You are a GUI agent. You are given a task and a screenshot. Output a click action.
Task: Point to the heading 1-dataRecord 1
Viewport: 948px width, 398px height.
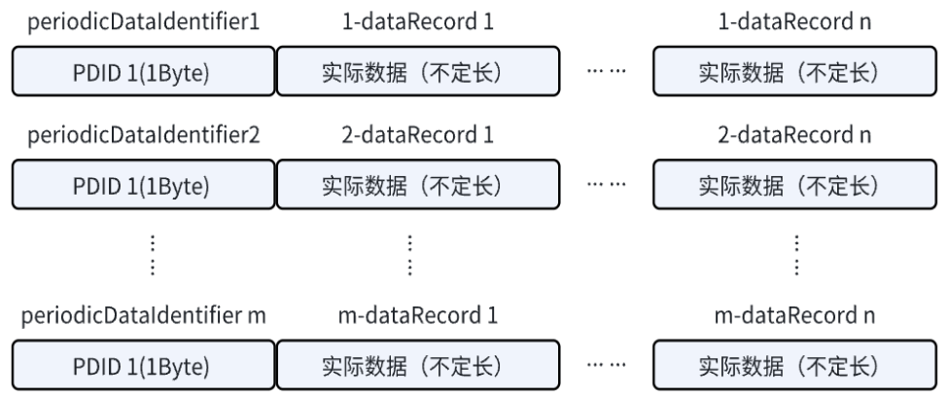pos(419,19)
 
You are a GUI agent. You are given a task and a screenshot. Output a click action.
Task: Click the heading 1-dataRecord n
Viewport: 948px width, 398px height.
pos(796,19)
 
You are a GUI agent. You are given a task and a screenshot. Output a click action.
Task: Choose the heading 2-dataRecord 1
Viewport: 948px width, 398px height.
pos(419,134)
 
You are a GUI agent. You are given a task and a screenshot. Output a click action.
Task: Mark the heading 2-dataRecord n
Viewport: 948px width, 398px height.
pos(796,134)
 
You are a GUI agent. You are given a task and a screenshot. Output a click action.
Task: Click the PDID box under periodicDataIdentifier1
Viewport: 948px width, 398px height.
pos(144,72)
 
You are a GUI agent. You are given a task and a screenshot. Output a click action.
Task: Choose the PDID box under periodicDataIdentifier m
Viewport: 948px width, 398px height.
pos(144,366)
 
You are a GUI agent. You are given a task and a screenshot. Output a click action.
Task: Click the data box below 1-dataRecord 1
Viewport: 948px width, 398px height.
pos(419,72)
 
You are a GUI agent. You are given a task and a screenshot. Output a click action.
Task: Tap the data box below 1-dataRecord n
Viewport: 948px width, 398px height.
pos(796,72)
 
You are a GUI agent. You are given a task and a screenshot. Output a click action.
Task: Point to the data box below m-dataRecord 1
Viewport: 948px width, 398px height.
pos(419,366)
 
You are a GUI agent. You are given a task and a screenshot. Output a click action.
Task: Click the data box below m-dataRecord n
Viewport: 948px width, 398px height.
pos(796,366)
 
